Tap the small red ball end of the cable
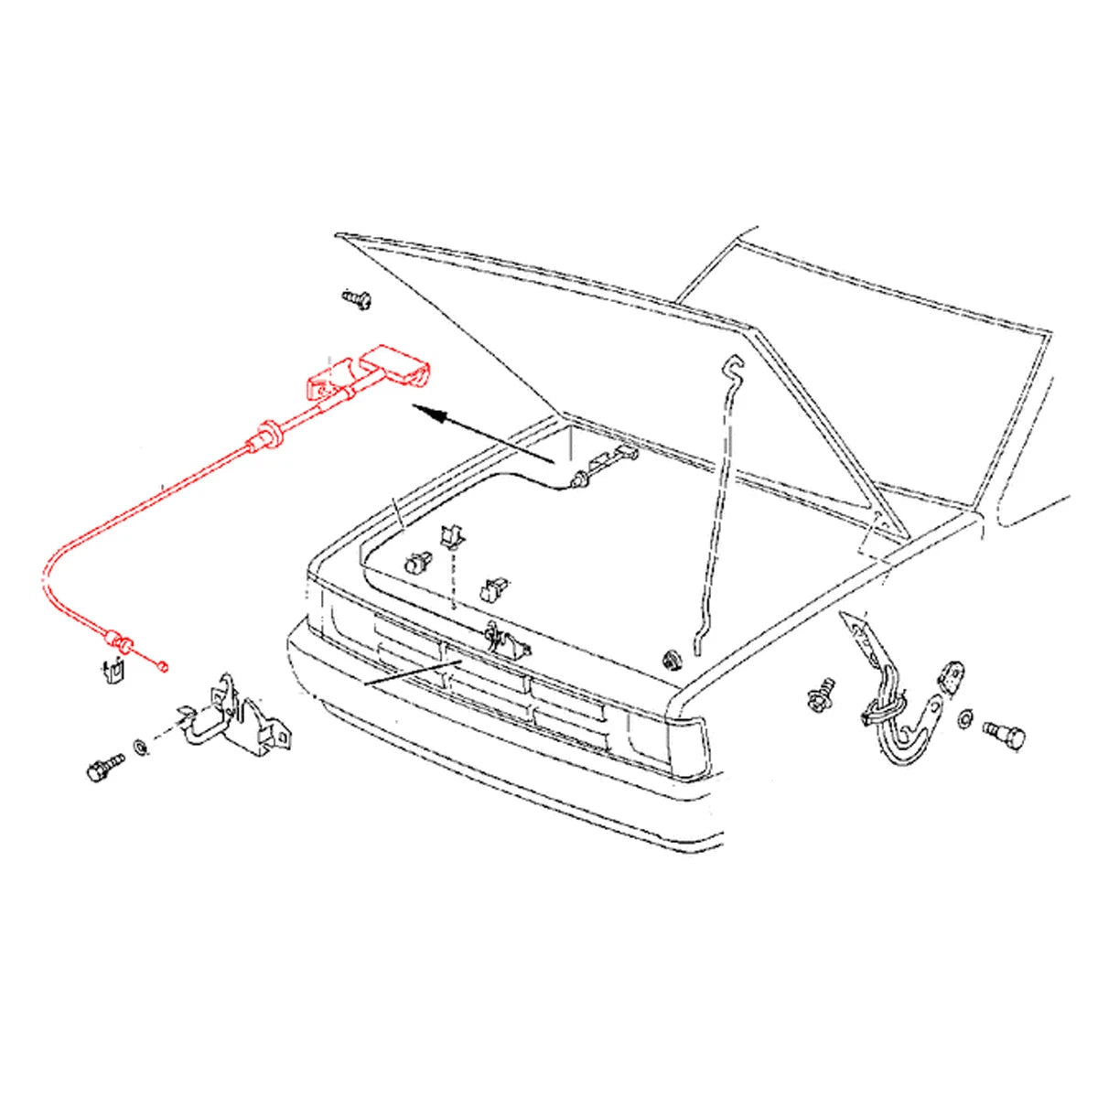tap(163, 666)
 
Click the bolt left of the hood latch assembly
tap(105, 766)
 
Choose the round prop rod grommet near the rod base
tap(673, 659)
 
